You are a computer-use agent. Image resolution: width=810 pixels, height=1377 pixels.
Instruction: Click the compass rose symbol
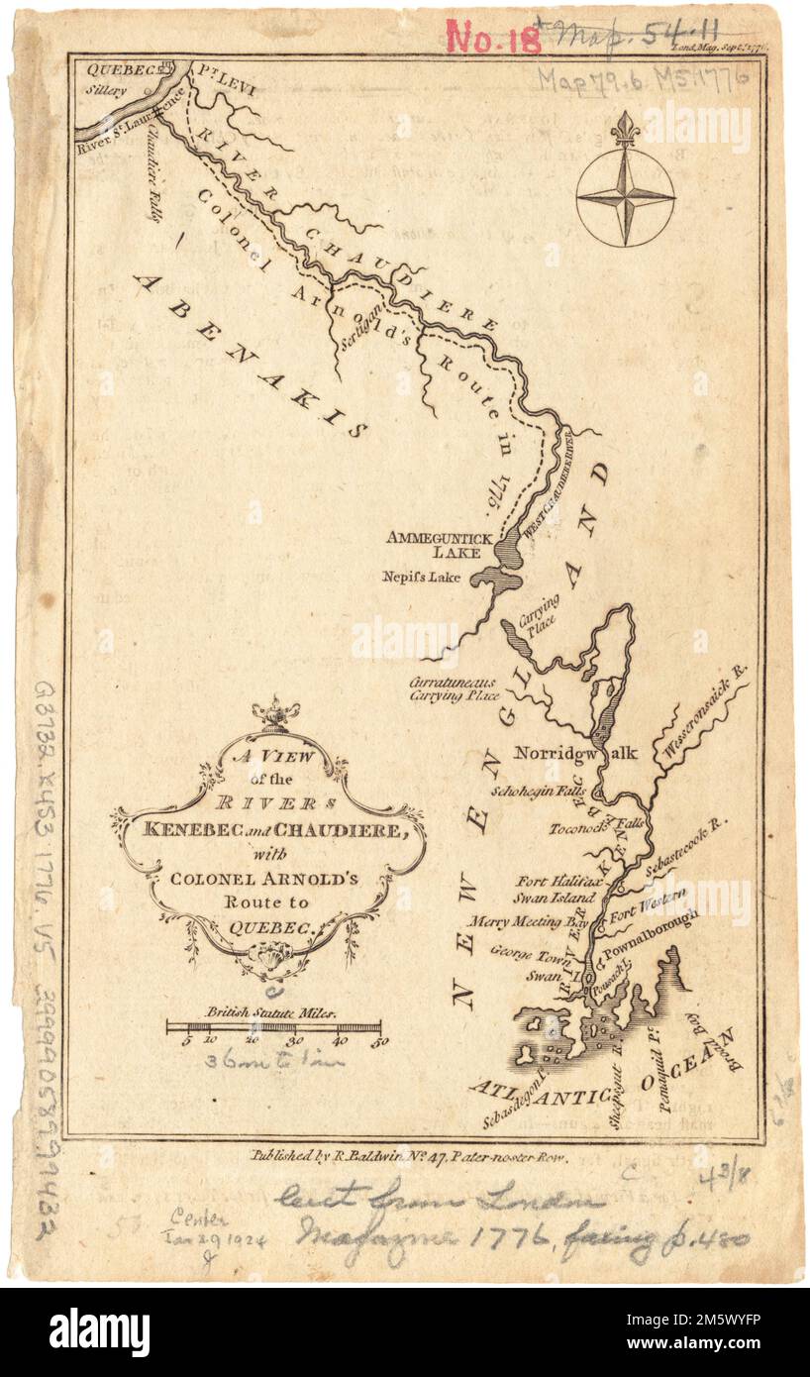click(x=625, y=192)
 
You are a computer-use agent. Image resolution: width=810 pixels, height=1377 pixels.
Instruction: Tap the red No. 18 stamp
click(x=493, y=38)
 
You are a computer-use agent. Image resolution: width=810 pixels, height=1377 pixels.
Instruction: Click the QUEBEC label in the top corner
click(x=112, y=70)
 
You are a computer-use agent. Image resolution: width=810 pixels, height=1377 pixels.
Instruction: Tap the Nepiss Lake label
click(x=422, y=577)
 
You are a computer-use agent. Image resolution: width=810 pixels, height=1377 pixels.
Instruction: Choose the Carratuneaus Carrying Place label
click(x=455, y=688)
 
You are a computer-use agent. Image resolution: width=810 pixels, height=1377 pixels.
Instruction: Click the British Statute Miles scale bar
click(x=273, y=1026)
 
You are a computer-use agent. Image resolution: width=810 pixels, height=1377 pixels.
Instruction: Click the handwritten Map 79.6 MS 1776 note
click(x=643, y=75)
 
